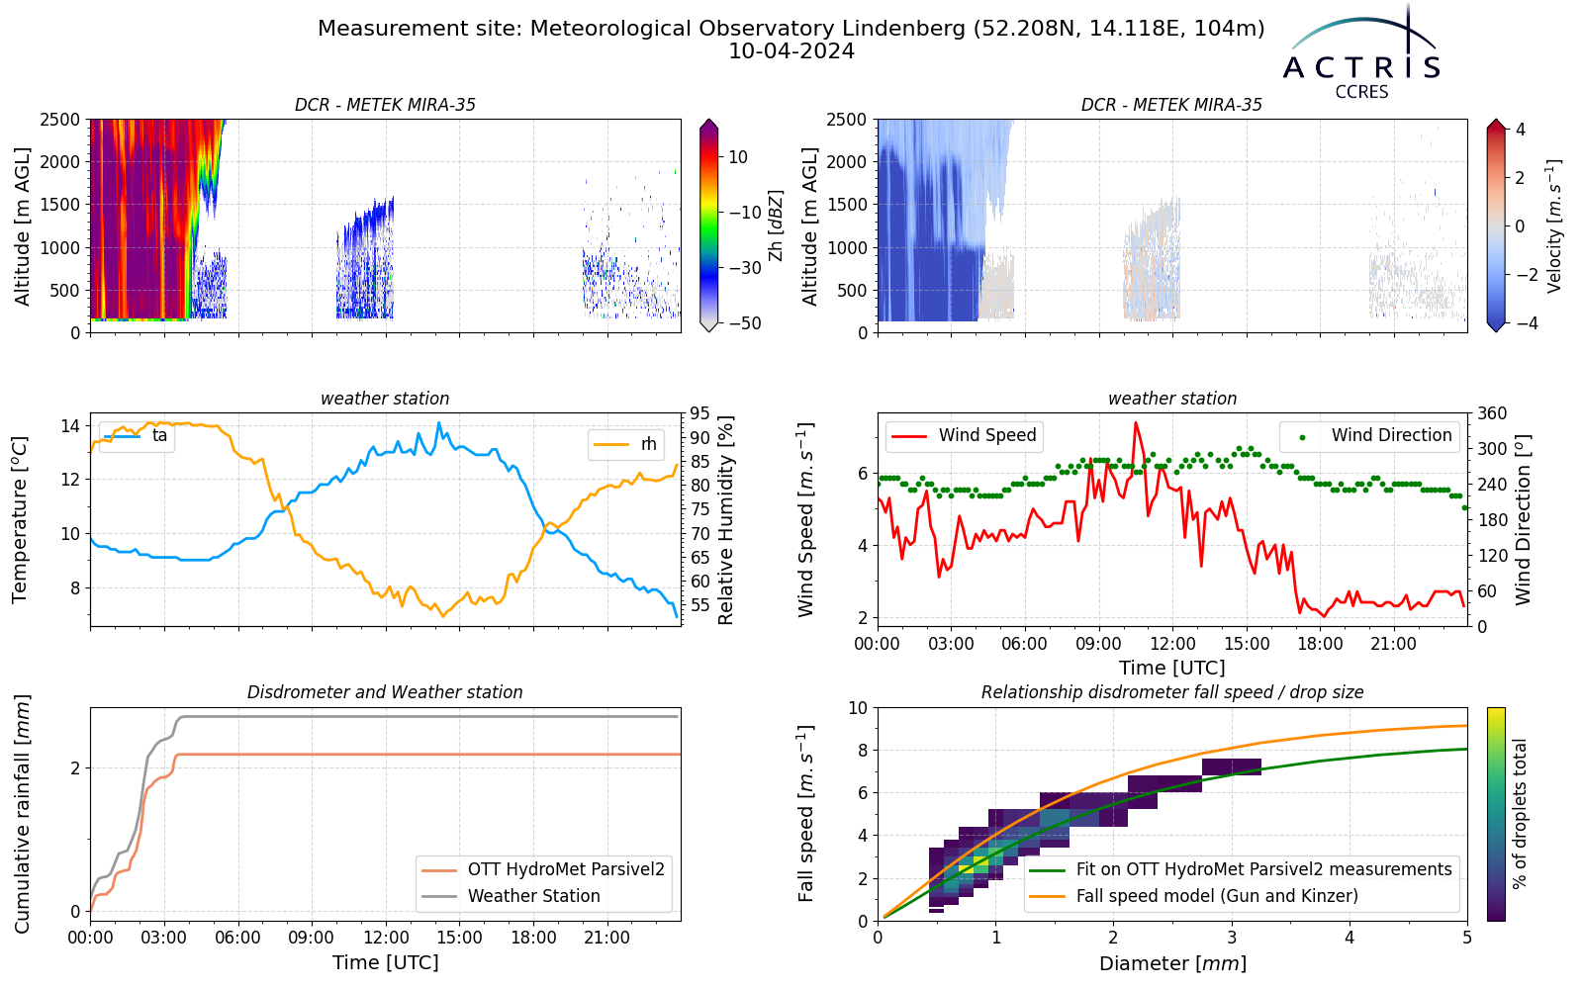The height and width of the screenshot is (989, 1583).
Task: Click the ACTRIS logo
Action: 1360,53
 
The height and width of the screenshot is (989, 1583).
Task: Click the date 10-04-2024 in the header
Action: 791,51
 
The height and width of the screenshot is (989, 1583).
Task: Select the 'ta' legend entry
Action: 136,436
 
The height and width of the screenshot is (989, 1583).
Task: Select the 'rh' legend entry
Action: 625,444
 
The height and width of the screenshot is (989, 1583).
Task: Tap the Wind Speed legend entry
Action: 964,435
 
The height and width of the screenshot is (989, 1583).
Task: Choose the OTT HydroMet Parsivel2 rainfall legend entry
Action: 543,869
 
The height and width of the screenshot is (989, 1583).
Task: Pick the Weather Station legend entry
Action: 511,896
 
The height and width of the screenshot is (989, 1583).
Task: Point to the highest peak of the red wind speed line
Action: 1136,422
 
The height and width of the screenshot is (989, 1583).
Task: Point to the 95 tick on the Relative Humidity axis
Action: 698,413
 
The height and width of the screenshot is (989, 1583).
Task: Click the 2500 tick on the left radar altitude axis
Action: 60,120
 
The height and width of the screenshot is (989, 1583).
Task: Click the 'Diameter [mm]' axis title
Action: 1172,963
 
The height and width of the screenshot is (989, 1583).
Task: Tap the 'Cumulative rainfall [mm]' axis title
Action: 22,814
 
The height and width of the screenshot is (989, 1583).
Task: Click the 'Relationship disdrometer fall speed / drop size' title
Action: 1172,692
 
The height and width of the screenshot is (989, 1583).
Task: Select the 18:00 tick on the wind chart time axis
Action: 1320,644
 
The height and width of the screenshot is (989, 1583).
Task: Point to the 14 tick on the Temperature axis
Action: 70,426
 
